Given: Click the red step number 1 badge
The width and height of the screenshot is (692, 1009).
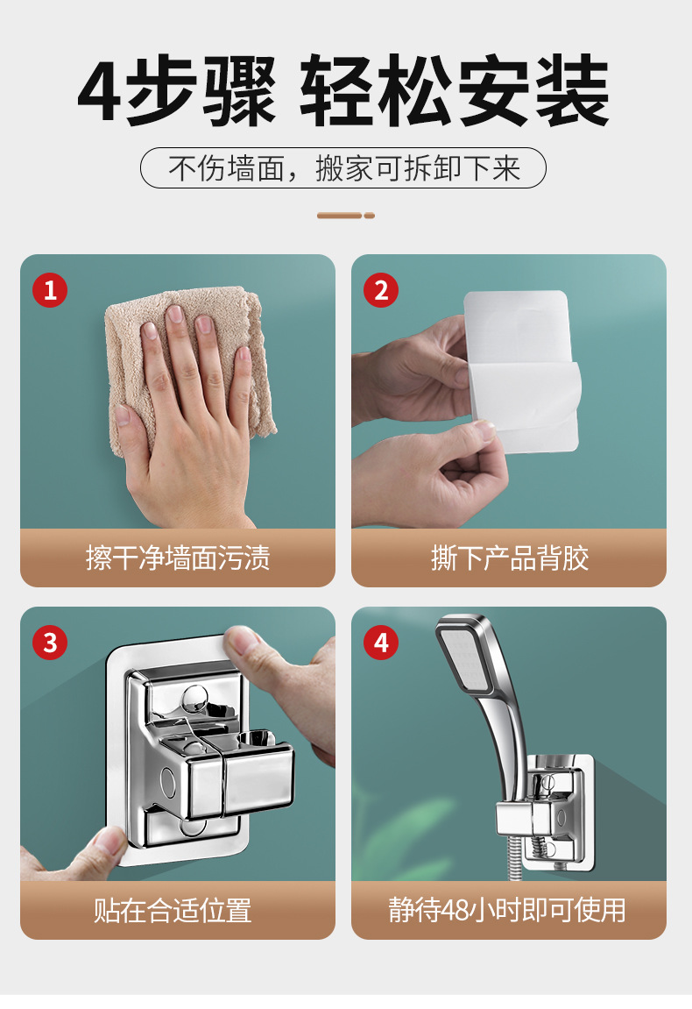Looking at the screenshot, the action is [50, 290].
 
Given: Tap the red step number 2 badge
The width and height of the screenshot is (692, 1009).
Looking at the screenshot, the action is [381, 290].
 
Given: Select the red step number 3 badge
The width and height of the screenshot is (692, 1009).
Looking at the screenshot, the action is [50, 643].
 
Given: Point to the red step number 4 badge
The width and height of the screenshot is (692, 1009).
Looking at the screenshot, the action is [381, 643].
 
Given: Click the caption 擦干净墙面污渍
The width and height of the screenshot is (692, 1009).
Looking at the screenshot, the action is [178, 558].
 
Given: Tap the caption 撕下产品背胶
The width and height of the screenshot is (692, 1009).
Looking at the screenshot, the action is [509, 558].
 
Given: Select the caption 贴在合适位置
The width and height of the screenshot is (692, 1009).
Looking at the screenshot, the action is [173, 911].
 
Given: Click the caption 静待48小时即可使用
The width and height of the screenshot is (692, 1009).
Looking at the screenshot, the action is [507, 910].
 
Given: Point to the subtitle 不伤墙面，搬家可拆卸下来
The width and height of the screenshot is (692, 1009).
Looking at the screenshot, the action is [344, 168].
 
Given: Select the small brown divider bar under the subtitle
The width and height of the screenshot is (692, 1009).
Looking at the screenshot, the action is [346, 216].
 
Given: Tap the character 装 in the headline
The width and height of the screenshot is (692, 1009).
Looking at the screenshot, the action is [572, 91].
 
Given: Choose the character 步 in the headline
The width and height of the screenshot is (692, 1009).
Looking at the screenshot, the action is [161, 91].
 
